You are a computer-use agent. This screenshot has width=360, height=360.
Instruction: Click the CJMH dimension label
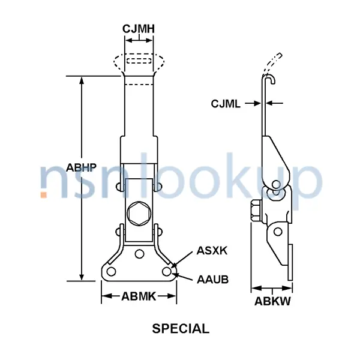(x=139, y=29)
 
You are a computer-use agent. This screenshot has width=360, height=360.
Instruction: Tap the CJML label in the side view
(x=226, y=104)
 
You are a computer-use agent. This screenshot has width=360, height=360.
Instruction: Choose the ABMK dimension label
(x=139, y=296)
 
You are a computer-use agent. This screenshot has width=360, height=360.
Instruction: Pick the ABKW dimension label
(x=272, y=302)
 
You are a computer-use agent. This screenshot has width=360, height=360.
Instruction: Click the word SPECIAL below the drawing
(x=180, y=329)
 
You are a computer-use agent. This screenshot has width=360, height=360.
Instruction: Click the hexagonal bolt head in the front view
(x=139, y=212)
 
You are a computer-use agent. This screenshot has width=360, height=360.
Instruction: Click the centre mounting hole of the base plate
(x=139, y=254)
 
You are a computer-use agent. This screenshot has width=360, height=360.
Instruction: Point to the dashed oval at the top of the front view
(x=139, y=61)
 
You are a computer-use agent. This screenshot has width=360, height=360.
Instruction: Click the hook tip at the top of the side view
(x=272, y=80)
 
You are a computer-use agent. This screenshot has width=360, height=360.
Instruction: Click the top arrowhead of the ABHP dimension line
(x=82, y=79)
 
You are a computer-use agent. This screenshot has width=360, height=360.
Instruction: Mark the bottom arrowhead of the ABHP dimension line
(x=82, y=277)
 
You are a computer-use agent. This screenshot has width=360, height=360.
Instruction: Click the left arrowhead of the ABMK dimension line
(x=104, y=295)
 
